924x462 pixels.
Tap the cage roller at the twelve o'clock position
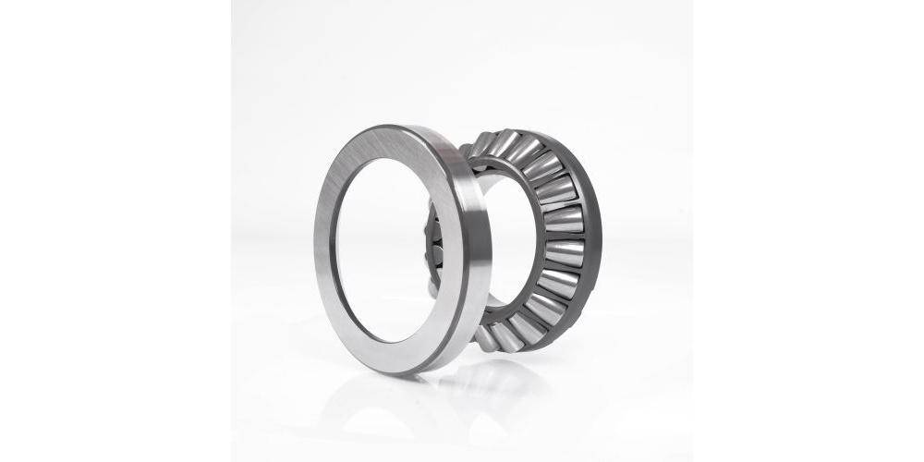(x=505, y=142)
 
